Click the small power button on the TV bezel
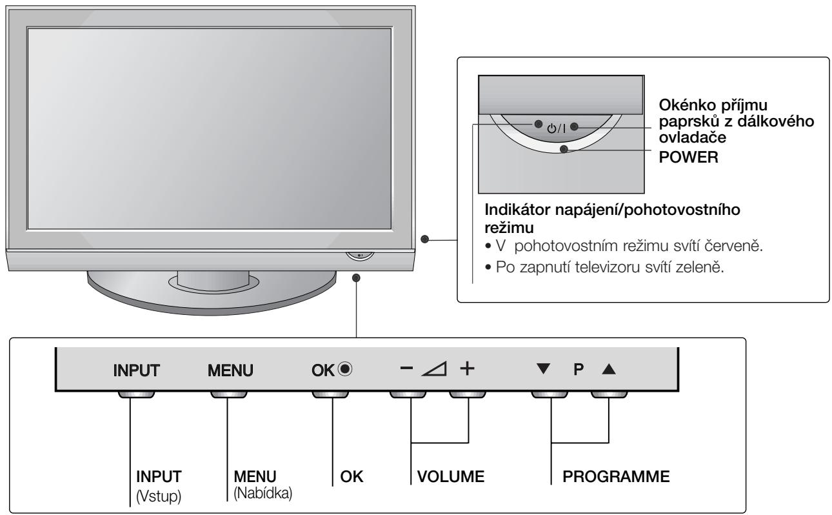[x=360, y=255]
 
